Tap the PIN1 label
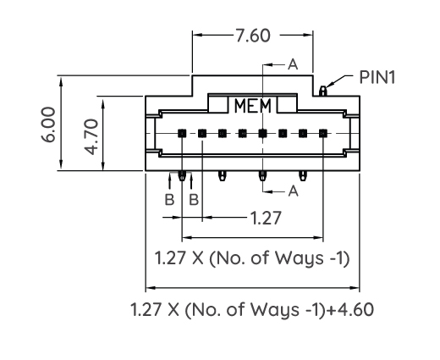point(377,77)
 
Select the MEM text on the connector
point(252,107)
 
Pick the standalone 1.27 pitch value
point(266,218)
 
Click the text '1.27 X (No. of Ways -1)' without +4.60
point(252,258)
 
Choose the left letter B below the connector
point(169,200)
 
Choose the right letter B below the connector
point(194,200)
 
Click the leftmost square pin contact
point(182,133)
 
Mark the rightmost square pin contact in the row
point(323,133)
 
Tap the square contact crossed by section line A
point(262,133)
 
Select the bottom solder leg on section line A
point(262,176)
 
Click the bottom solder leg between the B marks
point(182,177)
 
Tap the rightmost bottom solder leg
point(303,176)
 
